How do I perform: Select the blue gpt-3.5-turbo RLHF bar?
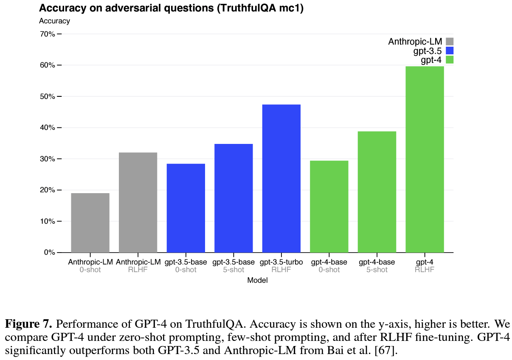click(x=281, y=178)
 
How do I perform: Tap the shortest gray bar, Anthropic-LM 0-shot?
click(x=90, y=222)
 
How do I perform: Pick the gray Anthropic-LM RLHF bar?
click(x=138, y=202)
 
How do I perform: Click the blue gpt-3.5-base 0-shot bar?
click(x=186, y=208)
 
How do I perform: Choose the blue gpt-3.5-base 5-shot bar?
click(x=233, y=198)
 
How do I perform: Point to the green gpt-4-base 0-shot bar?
click(x=329, y=206)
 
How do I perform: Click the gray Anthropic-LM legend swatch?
click(x=450, y=41)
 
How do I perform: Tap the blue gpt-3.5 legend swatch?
click(x=450, y=51)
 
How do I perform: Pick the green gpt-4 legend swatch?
click(x=450, y=60)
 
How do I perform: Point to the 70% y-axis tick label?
click(x=48, y=34)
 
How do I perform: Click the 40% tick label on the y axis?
click(x=48, y=128)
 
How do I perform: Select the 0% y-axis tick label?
click(x=49, y=253)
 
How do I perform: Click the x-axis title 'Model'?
click(x=257, y=280)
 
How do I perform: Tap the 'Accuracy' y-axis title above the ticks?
click(x=54, y=20)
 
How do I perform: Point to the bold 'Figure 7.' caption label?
click(x=28, y=325)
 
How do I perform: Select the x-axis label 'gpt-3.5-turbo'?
click(x=281, y=262)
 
